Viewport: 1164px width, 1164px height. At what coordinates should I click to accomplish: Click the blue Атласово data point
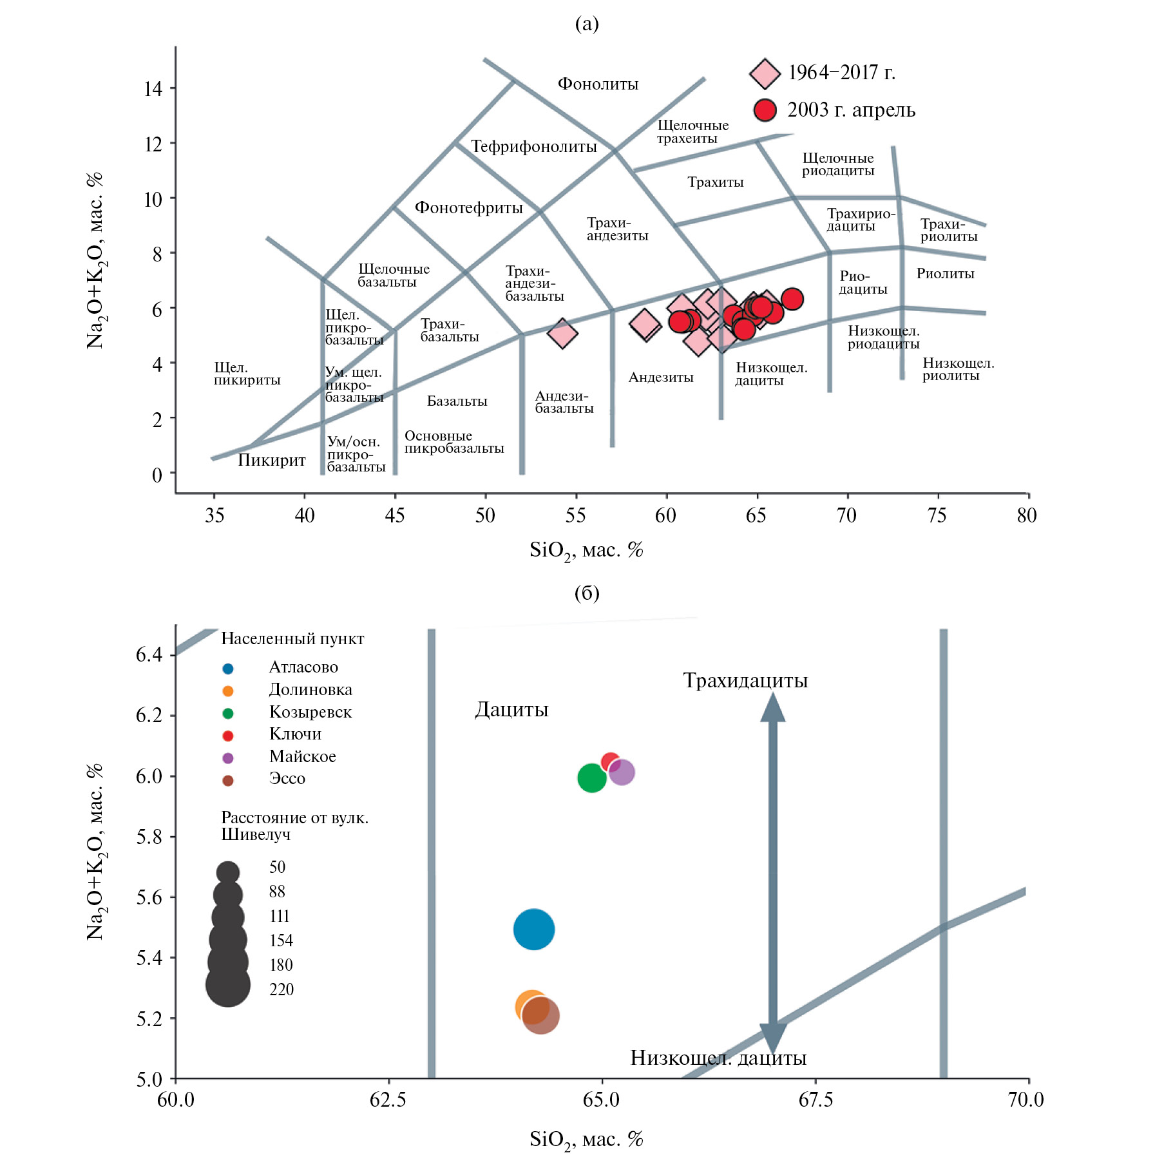click(533, 929)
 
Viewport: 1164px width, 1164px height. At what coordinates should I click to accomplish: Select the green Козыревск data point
click(591, 778)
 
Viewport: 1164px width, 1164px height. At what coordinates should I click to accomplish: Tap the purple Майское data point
click(622, 772)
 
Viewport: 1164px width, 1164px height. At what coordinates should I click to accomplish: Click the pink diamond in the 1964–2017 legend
click(765, 73)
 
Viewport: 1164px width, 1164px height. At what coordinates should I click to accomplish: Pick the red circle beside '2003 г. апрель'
click(765, 110)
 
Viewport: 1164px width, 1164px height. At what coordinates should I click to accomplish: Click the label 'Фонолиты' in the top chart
click(597, 84)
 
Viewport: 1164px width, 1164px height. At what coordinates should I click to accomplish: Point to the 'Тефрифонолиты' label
click(533, 147)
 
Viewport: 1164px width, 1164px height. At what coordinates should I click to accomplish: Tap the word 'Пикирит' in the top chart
click(271, 461)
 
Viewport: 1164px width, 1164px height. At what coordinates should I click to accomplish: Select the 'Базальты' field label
click(457, 401)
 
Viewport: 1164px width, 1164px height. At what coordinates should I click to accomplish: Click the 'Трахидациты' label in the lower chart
click(745, 681)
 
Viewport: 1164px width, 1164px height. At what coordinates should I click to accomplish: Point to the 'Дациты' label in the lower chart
click(511, 710)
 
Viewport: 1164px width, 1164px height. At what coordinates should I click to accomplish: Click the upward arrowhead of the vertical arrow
click(772, 707)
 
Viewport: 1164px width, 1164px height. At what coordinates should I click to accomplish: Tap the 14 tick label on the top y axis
click(153, 88)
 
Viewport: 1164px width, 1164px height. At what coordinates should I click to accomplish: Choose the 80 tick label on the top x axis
click(1027, 515)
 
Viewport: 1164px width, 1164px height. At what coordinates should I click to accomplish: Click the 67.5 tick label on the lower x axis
click(815, 1100)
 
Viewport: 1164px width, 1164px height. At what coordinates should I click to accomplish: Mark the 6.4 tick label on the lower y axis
click(148, 655)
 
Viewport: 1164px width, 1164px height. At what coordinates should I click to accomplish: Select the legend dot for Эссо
click(227, 781)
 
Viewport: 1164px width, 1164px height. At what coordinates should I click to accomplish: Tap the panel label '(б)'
click(586, 593)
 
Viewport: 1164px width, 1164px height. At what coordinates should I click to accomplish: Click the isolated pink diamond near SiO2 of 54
click(562, 334)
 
